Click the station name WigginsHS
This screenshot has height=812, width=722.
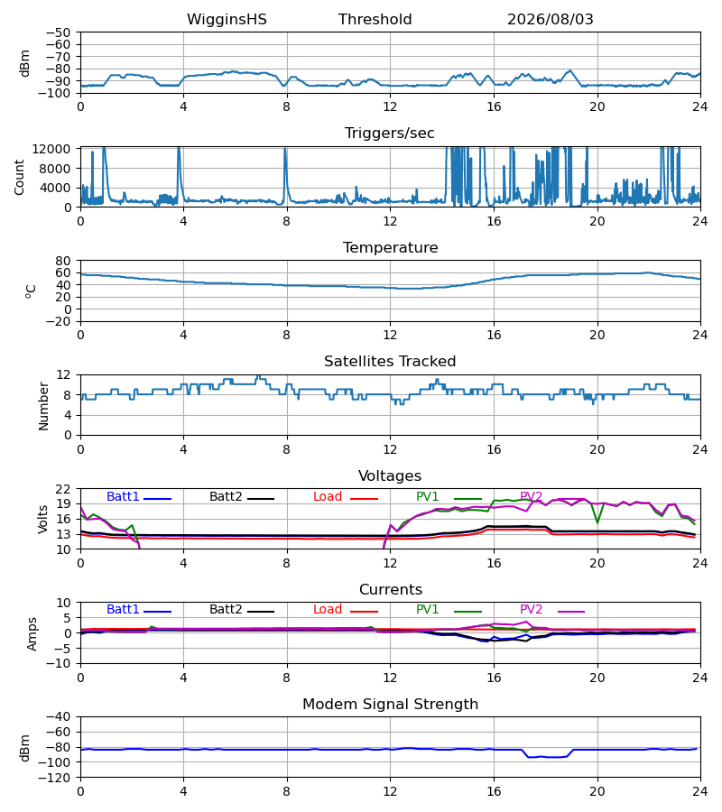coord(227,20)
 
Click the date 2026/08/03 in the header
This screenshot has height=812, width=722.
coord(550,20)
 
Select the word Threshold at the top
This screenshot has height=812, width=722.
coord(375,20)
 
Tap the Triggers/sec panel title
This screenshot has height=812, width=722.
coord(390,134)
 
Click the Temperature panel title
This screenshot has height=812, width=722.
coord(390,247)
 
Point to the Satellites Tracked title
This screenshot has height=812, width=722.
coord(390,362)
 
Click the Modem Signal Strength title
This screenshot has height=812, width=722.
coord(390,705)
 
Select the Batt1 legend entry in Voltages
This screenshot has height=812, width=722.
coord(139,496)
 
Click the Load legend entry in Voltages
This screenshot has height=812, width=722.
coord(346,496)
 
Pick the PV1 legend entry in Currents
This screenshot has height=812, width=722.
coord(449,610)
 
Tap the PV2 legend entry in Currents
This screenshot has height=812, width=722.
coord(552,610)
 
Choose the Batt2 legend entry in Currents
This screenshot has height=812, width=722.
coord(242,610)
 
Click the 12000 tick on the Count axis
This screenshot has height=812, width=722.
coord(51,149)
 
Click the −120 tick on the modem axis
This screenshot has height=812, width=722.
coord(58,778)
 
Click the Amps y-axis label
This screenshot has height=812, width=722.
coord(32,634)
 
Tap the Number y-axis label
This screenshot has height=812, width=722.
coord(43,406)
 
